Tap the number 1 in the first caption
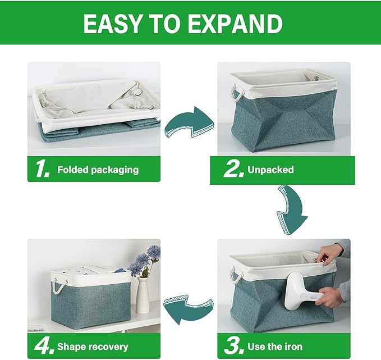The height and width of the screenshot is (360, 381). point(42,169)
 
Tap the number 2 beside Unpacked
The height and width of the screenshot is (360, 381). point(232,170)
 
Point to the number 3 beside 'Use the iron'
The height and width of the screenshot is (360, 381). point(233,347)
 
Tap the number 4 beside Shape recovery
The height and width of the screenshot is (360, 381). point(43,347)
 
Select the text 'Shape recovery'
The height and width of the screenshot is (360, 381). point(92,347)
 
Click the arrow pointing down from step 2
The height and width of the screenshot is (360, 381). point(292,209)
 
